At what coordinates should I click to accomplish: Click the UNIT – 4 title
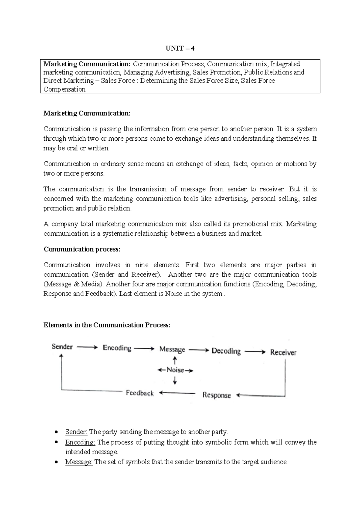(x=180, y=49)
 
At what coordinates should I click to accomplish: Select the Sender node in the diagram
(x=62, y=347)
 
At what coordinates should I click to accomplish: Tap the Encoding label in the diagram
(x=117, y=348)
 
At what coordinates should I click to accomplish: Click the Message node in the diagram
(x=172, y=349)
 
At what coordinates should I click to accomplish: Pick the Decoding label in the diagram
(x=226, y=351)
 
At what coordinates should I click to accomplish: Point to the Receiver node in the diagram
(x=283, y=352)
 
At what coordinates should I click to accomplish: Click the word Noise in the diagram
(x=175, y=370)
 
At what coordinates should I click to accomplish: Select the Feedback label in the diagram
(x=140, y=393)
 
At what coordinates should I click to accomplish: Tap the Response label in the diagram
(x=217, y=395)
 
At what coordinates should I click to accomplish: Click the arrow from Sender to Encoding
(x=87, y=347)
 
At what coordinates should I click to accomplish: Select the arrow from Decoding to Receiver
(x=255, y=352)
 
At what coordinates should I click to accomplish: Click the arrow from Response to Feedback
(x=177, y=393)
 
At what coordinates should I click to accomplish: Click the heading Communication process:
(x=82, y=249)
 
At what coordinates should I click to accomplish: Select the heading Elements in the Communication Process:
(x=107, y=325)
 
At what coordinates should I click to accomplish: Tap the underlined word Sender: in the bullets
(x=76, y=432)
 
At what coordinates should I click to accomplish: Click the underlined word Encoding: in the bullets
(x=80, y=442)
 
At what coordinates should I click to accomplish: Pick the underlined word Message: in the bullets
(x=79, y=462)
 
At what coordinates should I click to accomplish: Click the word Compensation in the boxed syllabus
(x=64, y=89)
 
